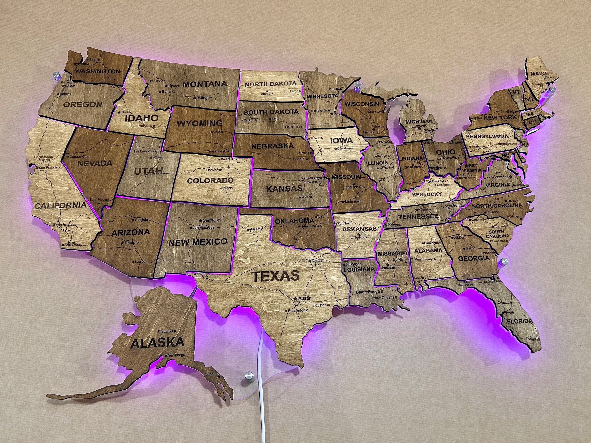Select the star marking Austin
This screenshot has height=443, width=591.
tap(295, 298)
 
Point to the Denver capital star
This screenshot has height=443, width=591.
tap(220, 170)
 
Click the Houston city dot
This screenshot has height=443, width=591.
tap(329, 305)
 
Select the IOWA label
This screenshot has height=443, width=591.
tap(341, 140)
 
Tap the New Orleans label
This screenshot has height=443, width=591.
tap(384, 297)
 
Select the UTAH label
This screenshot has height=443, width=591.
tap(148, 171)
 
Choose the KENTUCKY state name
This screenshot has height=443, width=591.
tap(427, 194)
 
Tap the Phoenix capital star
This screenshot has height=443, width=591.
tap(122, 243)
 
